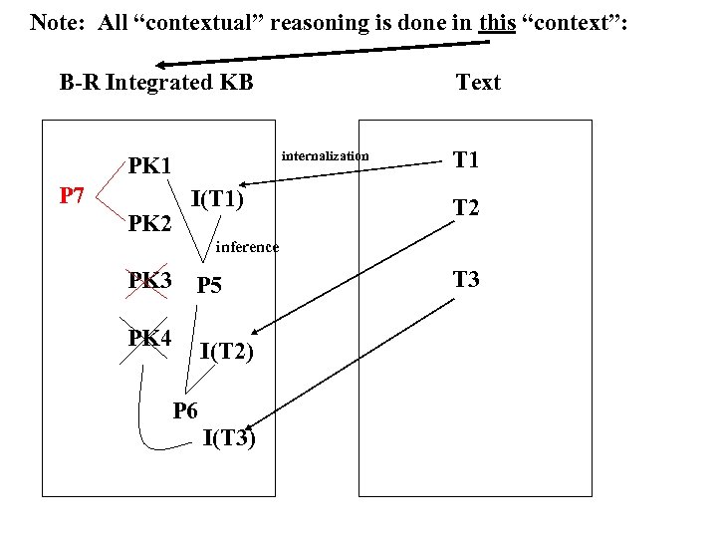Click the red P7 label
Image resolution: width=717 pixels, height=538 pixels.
coord(71,195)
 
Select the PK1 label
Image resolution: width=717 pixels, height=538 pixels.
coord(149,164)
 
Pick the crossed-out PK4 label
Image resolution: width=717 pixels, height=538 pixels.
coord(149,338)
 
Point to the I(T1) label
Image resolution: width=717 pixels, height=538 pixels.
coord(217,198)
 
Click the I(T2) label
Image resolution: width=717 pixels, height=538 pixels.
coord(226,350)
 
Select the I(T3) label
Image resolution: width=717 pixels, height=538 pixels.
coord(229,437)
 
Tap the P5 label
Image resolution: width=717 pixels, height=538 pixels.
coord(209,286)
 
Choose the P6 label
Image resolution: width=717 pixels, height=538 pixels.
coord(185,409)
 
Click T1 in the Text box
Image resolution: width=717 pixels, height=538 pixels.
coord(466,159)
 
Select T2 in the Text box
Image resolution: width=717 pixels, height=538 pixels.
coord(466,207)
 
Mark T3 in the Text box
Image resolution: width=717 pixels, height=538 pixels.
coord(466,279)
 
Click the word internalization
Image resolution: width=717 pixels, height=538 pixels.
coord(325,155)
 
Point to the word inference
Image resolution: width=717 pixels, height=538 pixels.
coord(247,247)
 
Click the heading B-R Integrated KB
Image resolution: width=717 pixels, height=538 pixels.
coord(156,83)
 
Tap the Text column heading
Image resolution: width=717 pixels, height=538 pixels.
coord(478,83)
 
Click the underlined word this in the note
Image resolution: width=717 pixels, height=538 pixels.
coord(497,21)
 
